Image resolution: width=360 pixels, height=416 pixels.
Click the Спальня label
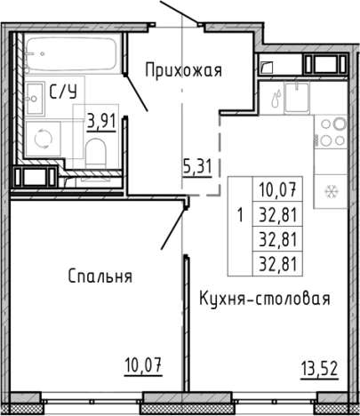click(100, 276)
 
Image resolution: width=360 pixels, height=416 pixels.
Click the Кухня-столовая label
click(265, 299)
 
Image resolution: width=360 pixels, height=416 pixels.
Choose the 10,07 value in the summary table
click(279, 187)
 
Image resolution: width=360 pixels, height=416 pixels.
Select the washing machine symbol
click(41, 138)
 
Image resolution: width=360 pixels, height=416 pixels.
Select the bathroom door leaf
click(133, 87)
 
